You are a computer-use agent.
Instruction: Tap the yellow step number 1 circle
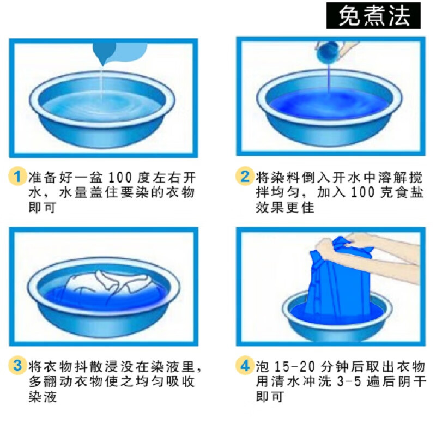[x=18, y=177]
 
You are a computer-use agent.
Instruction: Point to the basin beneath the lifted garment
[x=338, y=322]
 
